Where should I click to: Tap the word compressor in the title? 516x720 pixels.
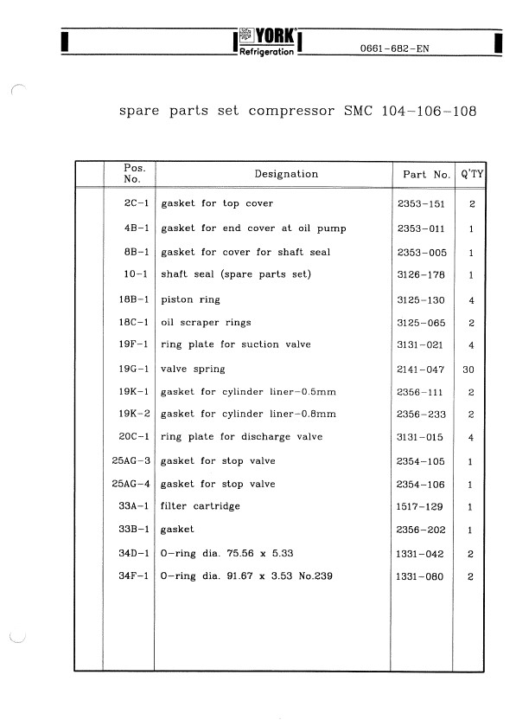(294, 112)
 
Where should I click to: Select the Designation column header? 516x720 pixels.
(286, 174)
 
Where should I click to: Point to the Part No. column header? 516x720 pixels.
(427, 175)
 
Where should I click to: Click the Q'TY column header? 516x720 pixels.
(473, 174)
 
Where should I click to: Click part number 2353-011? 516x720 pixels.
(420, 228)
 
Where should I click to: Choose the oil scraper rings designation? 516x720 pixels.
(207, 323)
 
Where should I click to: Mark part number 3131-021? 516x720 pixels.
(420, 345)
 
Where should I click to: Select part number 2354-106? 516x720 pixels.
(420, 485)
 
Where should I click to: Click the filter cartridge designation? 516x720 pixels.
(201, 506)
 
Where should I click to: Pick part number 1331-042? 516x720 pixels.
(420, 553)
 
